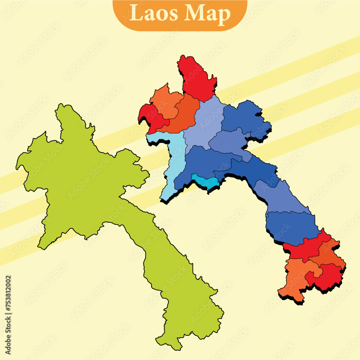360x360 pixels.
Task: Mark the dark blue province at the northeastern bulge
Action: pos(245,119)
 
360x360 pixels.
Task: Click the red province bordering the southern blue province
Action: pos(306,248)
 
